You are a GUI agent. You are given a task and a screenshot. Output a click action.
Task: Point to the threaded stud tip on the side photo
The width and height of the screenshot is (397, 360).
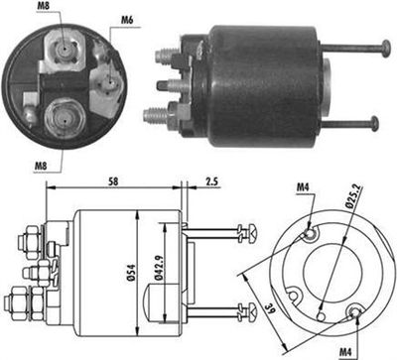pos(153,115)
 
